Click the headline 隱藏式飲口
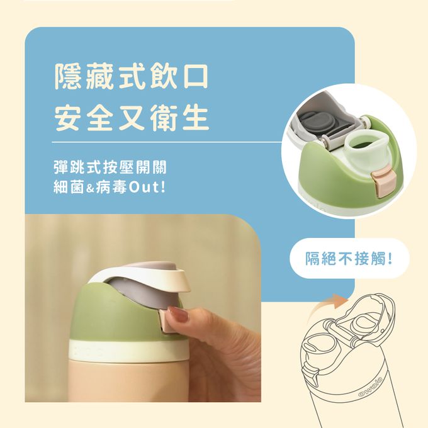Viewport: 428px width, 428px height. tap(132, 77)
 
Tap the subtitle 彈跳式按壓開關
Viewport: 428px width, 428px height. tap(110, 167)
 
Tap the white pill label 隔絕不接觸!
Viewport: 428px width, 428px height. tap(349, 258)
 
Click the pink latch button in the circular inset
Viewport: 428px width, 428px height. tap(380, 184)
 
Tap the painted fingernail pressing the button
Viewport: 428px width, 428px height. tap(178, 313)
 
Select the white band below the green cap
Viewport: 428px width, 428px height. tap(129, 349)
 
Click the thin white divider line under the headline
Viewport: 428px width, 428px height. tap(167, 142)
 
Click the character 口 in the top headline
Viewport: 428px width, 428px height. tap(194, 77)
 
